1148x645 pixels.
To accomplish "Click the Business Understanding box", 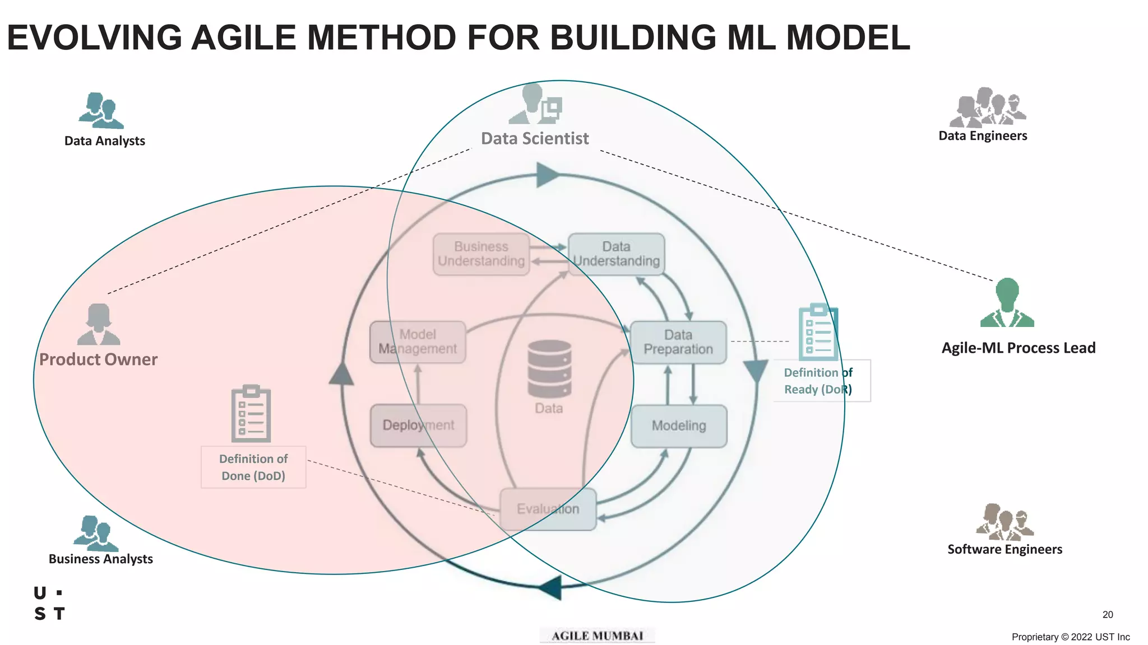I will [481, 254].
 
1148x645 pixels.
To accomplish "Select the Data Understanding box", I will [616, 254].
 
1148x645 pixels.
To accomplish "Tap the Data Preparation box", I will [678, 342].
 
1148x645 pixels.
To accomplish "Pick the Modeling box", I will [679, 426].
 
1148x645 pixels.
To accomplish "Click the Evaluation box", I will [548, 509].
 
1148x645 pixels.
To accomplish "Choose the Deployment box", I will [418, 426].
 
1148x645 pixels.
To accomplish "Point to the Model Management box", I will [418, 342].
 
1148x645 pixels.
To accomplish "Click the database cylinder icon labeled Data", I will [549, 370].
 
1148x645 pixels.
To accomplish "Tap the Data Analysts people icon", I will [101, 111].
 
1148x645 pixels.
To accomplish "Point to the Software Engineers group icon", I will [1004, 521].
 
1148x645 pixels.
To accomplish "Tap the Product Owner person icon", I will [99, 325].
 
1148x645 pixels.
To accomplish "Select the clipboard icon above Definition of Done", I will [251, 414].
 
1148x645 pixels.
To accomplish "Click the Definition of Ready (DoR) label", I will [818, 381].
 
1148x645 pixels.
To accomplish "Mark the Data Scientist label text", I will [535, 138].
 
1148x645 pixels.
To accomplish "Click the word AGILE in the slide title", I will [243, 38].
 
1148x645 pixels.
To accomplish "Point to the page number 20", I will [1108, 615].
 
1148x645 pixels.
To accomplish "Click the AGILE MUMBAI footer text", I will [597, 636].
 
